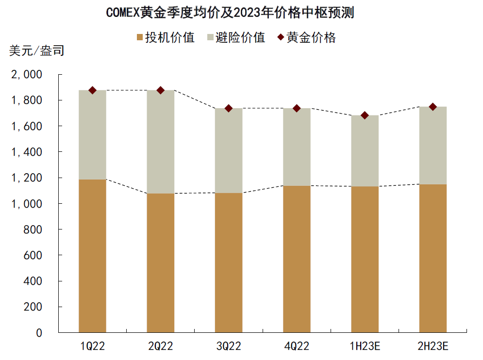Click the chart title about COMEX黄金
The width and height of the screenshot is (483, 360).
(x=230, y=13)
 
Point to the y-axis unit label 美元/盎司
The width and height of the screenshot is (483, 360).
(x=36, y=50)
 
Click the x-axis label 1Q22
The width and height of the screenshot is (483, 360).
(x=92, y=346)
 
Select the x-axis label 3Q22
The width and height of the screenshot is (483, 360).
(x=228, y=346)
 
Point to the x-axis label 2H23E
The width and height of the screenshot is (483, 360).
(x=433, y=346)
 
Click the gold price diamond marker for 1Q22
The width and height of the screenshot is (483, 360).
(x=92, y=90)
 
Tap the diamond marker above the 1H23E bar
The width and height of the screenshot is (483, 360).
(x=365, y=115)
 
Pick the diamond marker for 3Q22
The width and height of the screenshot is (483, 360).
(x=228, y=108)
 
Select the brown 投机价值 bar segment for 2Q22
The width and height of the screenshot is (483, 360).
(x=160, y=262)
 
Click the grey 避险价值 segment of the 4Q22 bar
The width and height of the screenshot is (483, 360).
(x=297, y=147)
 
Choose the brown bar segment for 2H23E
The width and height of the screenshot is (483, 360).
(x=433, y=257)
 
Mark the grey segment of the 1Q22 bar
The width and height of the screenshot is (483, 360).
(x=92, y=135)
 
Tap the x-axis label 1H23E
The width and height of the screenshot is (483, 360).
(x=365, y=346)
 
